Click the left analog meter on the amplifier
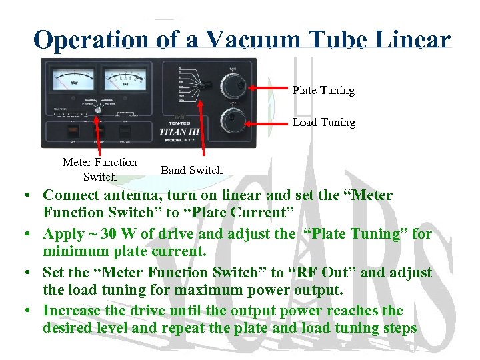[x=73, y=83]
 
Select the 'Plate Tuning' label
[x=323, y=90]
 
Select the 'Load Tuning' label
[x=323, y=122]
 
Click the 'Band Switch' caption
[x=191, y=170]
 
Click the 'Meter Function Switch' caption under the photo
[x=99, y=169]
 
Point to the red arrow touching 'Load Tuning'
[x=267, y=122]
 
